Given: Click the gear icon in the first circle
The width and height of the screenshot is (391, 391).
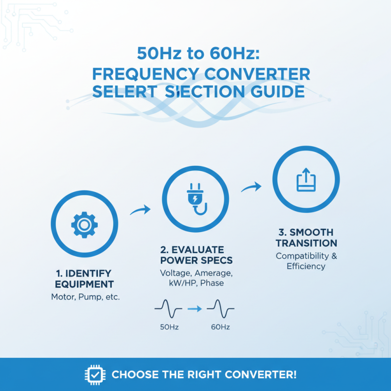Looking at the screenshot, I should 84,225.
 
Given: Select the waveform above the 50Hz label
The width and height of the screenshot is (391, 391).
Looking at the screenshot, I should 168,308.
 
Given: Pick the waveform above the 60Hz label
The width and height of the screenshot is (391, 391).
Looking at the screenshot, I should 220,308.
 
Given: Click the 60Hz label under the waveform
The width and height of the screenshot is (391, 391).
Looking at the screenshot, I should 220,327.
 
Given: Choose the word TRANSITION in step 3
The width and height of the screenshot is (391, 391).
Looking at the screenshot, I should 306,243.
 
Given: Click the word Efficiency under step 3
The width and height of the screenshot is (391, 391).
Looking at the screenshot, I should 306,266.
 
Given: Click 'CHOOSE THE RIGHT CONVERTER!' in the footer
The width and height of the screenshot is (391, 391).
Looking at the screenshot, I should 204,375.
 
